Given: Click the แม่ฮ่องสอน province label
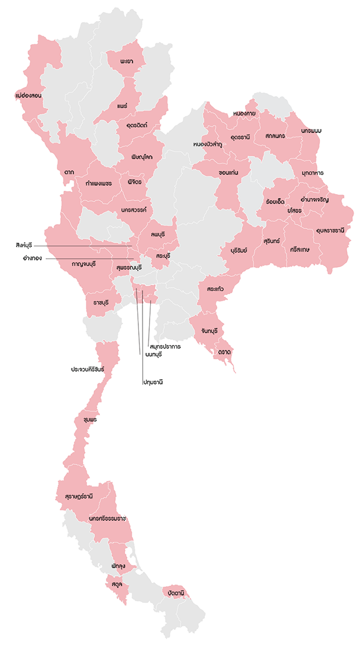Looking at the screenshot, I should coord(27,95).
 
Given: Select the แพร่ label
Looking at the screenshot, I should coord(123,105).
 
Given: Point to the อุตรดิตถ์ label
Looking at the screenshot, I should coord(137,125).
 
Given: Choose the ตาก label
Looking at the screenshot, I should coord(69,172).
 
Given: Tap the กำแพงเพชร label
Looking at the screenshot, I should coord(99,182).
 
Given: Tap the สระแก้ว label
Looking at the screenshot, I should coord(215,290).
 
